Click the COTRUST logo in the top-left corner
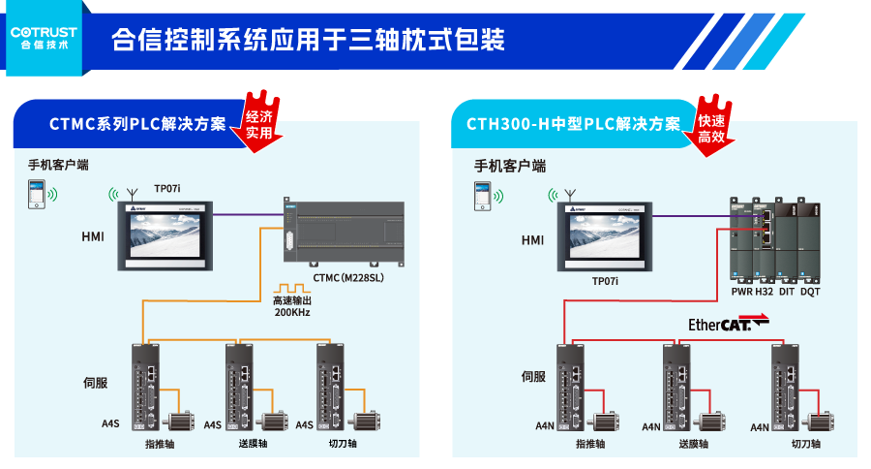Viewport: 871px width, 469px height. (44, 37)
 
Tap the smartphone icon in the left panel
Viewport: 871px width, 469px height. (35, 196)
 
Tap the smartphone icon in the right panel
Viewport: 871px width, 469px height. (480, 198)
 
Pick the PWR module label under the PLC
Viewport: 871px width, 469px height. (742, 292)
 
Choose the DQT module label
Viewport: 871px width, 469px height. (810, 292)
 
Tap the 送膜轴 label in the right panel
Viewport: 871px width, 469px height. (693, 444)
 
